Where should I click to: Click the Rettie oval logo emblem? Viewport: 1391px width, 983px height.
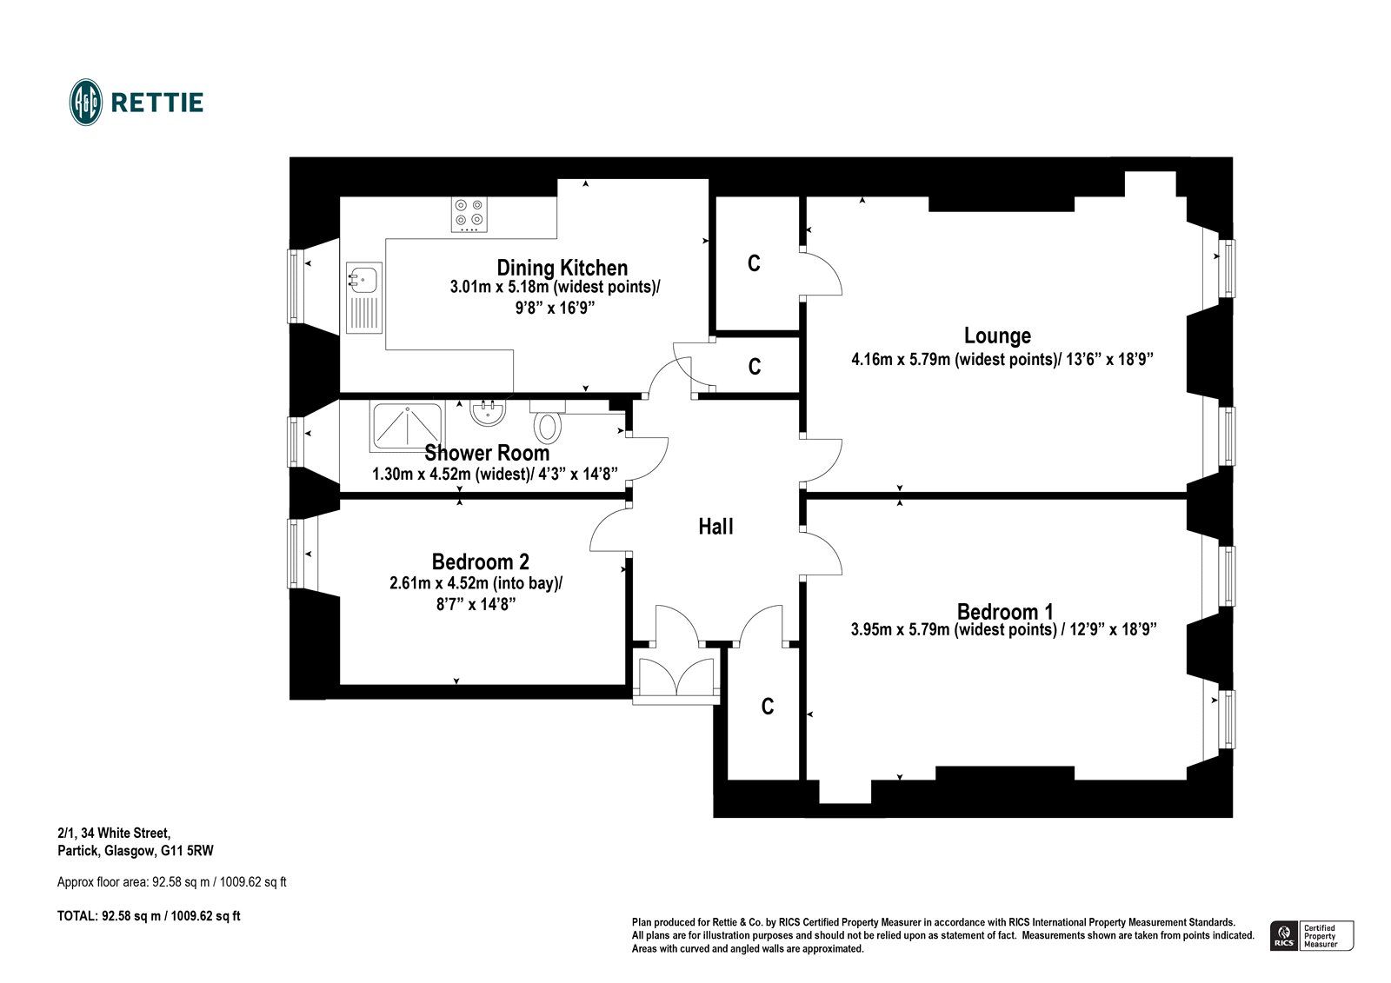tap(86, 103)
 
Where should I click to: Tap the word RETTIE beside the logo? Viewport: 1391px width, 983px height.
tap(157, 103)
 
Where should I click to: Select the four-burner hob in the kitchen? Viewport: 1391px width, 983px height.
tap(469, 215)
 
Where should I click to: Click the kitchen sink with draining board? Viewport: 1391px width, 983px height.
tap(364, 298)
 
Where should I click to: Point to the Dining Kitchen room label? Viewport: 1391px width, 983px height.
tap(562, 268)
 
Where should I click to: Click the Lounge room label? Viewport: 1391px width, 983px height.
tap(997, 335)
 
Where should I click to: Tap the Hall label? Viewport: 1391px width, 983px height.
tap(715, 527)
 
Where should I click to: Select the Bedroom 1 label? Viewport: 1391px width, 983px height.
tap(1005, 612)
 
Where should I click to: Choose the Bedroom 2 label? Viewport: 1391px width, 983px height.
tap(481, 562)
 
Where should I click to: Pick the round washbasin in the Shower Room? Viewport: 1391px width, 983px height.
tap(488, 412)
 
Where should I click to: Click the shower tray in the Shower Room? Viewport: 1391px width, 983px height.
tap(407, 426)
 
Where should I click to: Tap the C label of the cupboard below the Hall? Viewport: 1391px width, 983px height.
tap(768, 707)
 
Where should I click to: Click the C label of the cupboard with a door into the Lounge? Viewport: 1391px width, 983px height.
tap(754, 263)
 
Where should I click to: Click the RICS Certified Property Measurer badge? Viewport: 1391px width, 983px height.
tap(1312, 936)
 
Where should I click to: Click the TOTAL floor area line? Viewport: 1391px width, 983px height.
tap(149, 916)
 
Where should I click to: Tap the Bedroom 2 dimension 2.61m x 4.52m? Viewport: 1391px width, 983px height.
tap(438, 584)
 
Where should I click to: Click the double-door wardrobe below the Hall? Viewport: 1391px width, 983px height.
tap(676, 675)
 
